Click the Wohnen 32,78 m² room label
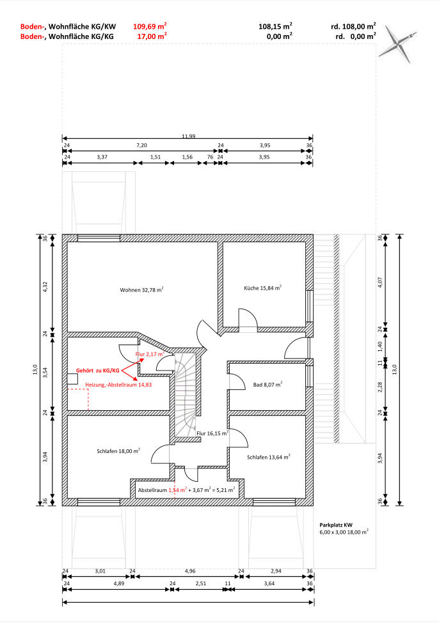141,289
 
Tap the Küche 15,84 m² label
263,288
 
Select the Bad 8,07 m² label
268,384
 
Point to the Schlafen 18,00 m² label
118,451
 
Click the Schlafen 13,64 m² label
269,457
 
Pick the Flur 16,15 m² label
212,433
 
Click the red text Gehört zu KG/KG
97,371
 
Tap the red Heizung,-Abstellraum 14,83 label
118,385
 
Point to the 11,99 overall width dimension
189,136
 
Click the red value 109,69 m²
150,26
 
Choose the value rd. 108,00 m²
353,26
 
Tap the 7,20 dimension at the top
141,146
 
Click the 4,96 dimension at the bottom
190,571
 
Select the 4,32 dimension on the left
45,287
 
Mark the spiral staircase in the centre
186,394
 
